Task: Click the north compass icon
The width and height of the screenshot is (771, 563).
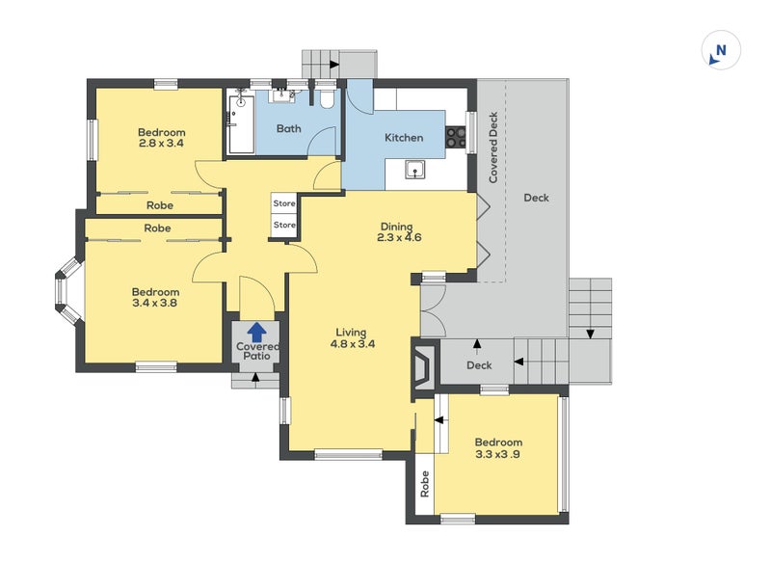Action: click(x=720, y=50)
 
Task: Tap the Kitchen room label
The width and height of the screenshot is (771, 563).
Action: click(x=404, y=138)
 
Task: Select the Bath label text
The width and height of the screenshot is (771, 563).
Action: click(x=288, y=129)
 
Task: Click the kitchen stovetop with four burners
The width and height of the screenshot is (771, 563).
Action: click(x=455, y=137)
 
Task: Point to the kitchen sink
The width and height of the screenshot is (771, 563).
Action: click(x=415, y=170)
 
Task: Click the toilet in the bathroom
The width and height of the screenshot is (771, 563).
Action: click(x=327, y=98)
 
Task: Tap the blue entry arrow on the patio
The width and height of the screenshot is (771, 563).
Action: click(x=256, y=332)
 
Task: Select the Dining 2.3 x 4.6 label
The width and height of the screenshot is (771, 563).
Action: click(x=399, y=232)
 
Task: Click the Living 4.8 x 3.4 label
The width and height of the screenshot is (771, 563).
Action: click(x=352, y=338)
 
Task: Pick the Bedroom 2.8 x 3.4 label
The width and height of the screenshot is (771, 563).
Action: click(x=161, y=138)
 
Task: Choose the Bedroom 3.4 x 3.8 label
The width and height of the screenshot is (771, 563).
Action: click(x=155, y=298)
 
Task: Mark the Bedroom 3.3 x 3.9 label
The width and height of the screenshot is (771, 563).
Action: click(x=498, y=448)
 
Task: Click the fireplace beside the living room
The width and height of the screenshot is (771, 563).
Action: click(x=423, y=364)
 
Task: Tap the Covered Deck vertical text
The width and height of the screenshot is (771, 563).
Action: click(x=493, y=147)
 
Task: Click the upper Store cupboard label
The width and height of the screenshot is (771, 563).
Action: click(x=284, y=203)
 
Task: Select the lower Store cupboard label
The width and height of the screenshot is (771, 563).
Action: click(x=284, y=225)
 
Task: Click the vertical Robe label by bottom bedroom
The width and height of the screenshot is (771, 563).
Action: click(x=425, y=484)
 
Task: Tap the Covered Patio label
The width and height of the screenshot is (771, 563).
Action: click(x=257, y=351)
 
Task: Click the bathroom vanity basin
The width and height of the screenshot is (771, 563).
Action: click(x=281, y=94)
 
